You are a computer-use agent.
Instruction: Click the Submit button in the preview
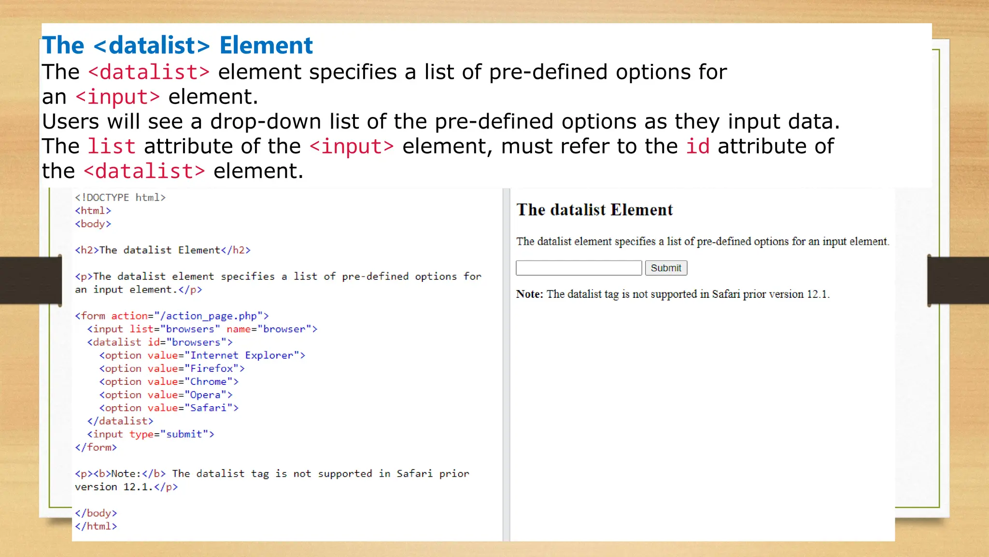click(666, 268)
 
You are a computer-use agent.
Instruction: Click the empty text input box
click(579, 268)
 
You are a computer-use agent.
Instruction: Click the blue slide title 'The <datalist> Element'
click(177, 45)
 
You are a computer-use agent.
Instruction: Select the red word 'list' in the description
click(111, 147)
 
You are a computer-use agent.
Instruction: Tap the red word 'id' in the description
click(698, 147)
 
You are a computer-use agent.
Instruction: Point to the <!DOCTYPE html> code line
click(120, 198)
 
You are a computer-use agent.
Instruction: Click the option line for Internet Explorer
click(202, 355)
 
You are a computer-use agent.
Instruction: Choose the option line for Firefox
click(172, 368)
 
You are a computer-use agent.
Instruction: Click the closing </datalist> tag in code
click(120, 421)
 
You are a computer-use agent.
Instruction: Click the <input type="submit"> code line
click(151, 434)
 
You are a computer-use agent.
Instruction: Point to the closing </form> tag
click(96, 447)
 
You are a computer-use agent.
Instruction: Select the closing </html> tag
click(96, 526)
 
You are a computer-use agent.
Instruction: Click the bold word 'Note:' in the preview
click(529, 294)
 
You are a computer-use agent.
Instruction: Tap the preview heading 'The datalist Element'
click(594, 210)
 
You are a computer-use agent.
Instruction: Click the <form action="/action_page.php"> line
click(172, 316)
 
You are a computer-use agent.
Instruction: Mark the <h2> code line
click(163, 250)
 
